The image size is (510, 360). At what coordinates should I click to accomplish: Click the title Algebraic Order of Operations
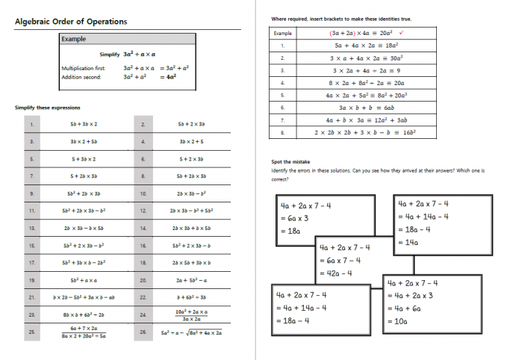click(71, 22)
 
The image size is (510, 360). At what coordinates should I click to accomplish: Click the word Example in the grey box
click(74, 39)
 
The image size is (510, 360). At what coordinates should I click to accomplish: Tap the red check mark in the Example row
click(402, 33)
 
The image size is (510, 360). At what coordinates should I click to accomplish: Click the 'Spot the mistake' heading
click(290, 161)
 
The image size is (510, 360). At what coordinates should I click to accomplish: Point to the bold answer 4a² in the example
click(171, 76)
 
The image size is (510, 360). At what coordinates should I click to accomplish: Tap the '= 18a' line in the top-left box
click(290, 232)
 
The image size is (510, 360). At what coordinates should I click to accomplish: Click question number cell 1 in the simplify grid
click(31, 123)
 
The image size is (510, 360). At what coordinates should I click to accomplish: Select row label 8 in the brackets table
click(283, 132)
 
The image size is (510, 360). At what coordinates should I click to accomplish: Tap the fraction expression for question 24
click(191, 315)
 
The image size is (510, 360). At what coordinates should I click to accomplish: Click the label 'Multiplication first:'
click(84, 68)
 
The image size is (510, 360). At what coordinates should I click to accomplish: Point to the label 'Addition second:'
click(81, 76)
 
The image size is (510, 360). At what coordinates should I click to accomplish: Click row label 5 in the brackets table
click(283, 95)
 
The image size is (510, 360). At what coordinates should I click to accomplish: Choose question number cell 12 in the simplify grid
click(143, 211)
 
